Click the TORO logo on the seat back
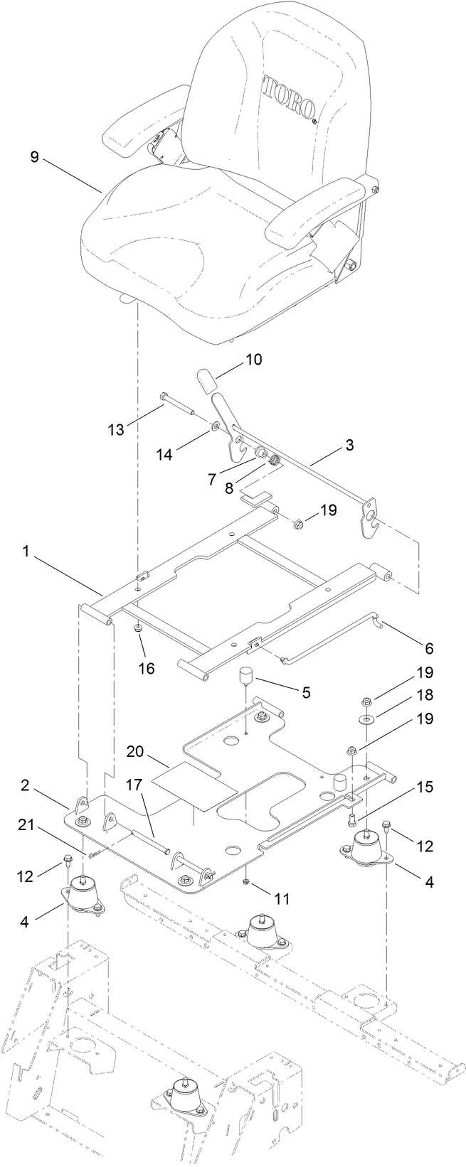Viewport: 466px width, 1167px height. pyautogui.click(x=290, y=97)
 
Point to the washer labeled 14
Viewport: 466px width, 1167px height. pyautogui.click(x=213, y=427)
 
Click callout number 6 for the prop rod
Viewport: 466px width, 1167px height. pyautogui.click(x=428, y=647)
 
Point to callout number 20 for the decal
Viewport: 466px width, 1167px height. pyautogui.click(x=136, y=751)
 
